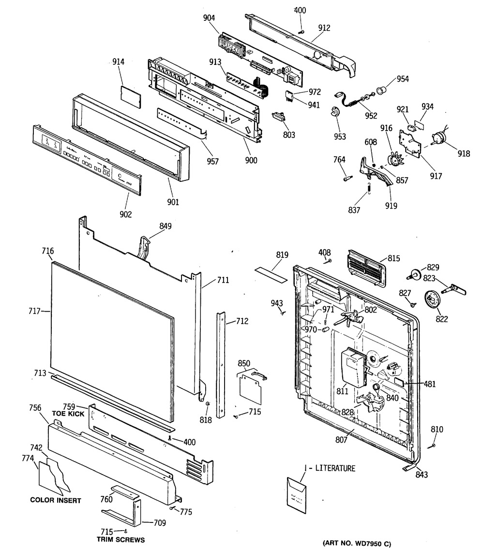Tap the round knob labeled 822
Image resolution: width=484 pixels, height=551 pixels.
pos(432,299)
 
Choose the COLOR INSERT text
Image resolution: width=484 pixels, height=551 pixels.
pos(55,500)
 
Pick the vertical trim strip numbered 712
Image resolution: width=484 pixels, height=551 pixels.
pos(222,363)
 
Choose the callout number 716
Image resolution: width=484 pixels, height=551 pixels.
pos(47,251)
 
